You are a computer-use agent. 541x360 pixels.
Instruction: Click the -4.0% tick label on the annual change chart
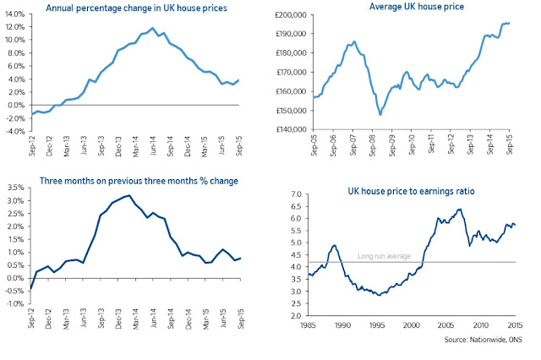click(15, 131)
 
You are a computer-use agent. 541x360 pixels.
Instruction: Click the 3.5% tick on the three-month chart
click(16, 200)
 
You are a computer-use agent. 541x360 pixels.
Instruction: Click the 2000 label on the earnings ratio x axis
click(412, 324)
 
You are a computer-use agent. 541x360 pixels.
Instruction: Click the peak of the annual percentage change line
click(151, 29)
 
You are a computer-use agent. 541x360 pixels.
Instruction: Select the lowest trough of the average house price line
click(380, 113)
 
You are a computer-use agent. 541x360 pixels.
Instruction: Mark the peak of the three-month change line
click(128, 196)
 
